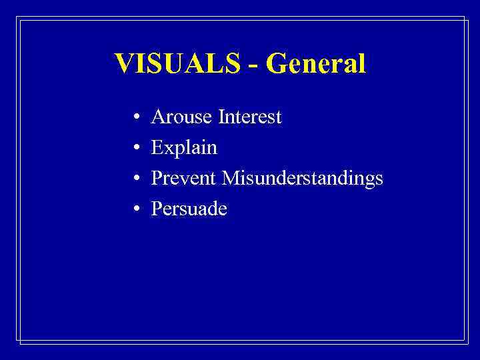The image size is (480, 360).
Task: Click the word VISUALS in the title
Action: [x=177, y=64]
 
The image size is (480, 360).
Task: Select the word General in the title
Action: [x=315, y=64]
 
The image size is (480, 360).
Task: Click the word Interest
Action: [x=250, y=118]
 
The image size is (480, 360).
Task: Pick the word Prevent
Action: [x=185, y=178]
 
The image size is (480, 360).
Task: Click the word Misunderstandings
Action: [x=303, y=178]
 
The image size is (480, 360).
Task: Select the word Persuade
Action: [x=189, y=209]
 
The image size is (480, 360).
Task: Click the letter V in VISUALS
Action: [x=124, y=64]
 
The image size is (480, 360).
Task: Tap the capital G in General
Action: [x=275, y=64]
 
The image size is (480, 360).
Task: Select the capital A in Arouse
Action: [x=159, y=118]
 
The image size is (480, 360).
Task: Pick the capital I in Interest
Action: [x=221, y=118]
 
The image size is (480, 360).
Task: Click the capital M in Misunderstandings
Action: [x=231, y=178]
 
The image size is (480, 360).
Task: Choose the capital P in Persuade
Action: [x=157, y=209]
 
